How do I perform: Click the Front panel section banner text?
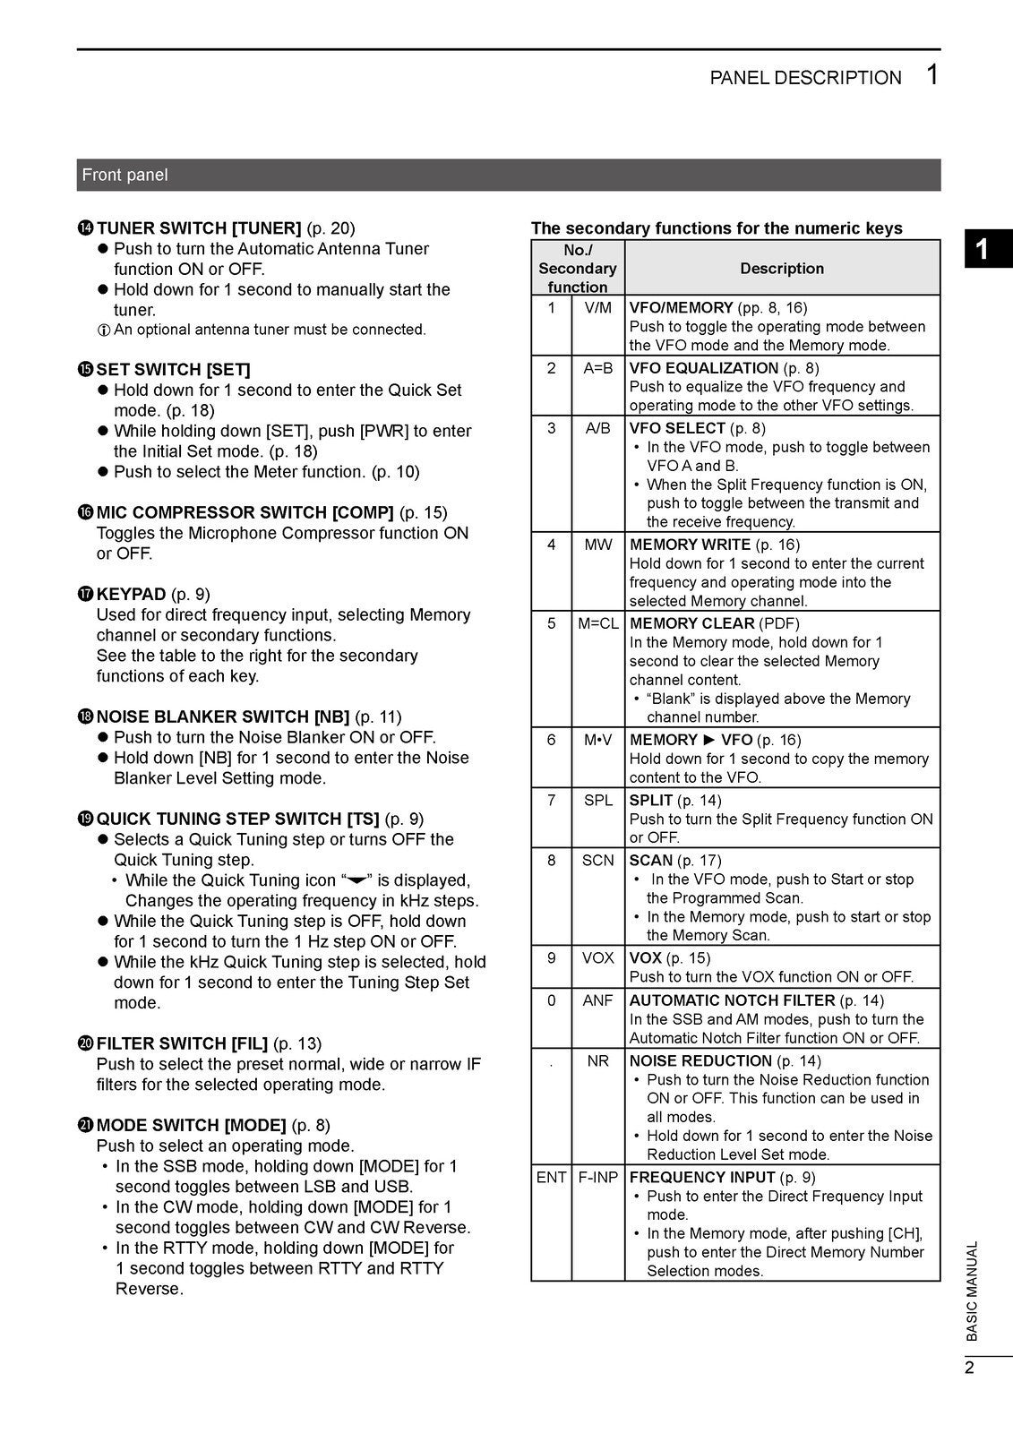[x=124, y=175]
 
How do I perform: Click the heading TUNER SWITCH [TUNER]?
[x=198, y=228]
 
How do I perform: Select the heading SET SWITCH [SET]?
[x=173, y=369]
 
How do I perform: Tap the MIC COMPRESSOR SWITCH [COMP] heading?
[x=245, y=512]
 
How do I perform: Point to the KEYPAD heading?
[x=131, y=594]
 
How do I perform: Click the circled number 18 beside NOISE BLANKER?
[x=86, y=716]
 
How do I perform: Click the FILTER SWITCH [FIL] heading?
[x=182, y=1043]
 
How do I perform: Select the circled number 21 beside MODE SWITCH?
[x=86, y=1125]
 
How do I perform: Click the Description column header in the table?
[x=781, y=268]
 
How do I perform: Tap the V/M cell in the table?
[x=597, y=308]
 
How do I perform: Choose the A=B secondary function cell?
[x=597, y=368]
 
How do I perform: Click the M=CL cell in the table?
[x=597, y=623]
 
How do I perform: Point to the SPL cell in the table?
[x=597, y=801]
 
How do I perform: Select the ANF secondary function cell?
[x=597, y=1000]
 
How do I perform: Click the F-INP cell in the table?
[x=597, y=1178]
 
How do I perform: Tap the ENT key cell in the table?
[x=551, y=1178]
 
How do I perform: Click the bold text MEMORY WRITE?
[x=690, y=545]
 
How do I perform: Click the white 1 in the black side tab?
[x=983, y=249]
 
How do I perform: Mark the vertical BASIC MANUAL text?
[x=973, y=1291]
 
